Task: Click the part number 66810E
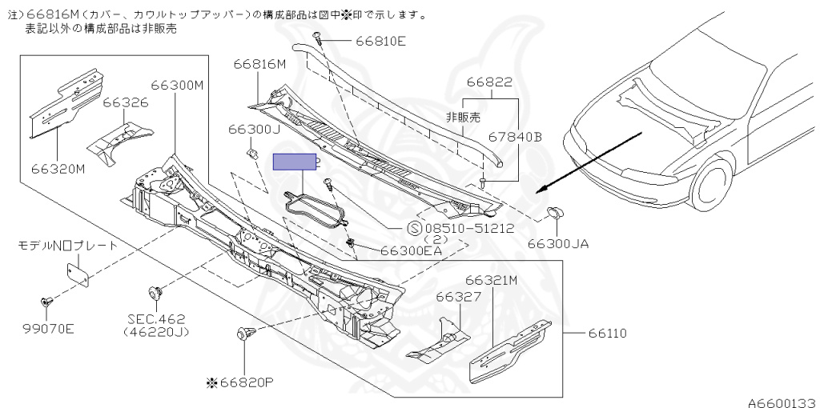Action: [380, 41]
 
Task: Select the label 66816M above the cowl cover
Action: [260, 65]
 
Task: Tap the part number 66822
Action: [489, 82]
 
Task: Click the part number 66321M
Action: [492, 280]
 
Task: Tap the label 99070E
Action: [47, 328]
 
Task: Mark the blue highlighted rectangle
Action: [295, 162]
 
